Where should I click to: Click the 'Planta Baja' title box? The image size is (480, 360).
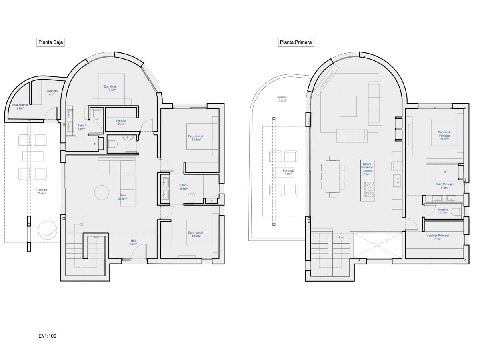50,42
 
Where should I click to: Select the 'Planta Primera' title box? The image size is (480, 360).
296,42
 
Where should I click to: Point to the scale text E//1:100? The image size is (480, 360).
47,336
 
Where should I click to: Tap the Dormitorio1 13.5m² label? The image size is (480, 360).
112,88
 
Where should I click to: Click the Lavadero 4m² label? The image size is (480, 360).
51,93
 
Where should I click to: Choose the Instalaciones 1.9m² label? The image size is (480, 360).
20,106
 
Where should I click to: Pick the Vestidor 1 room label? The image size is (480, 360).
122,122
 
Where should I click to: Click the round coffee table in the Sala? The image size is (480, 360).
102,192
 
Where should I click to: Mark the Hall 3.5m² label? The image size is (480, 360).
133,242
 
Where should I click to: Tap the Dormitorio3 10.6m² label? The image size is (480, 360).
196,234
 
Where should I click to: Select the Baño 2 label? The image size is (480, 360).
184,187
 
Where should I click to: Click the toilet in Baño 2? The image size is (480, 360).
192,198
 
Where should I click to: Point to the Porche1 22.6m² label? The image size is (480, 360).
41,192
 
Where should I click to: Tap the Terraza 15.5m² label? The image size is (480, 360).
282,99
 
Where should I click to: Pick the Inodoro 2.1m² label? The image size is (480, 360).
443,212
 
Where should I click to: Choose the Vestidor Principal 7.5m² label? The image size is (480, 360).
438,238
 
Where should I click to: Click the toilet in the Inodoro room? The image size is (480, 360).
456,212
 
